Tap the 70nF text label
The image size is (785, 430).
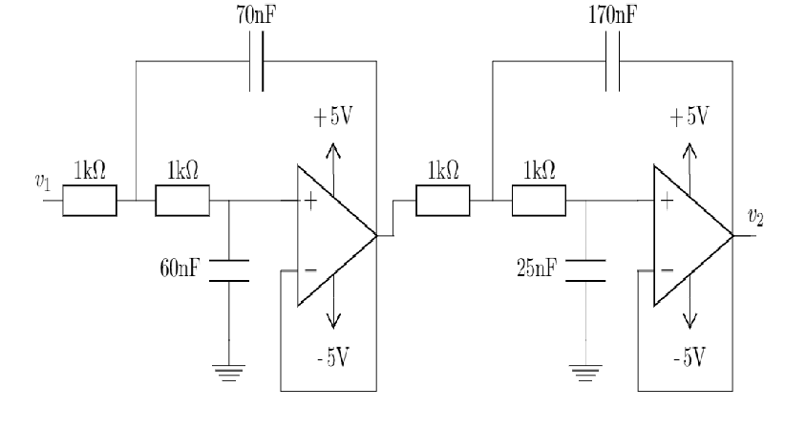point(259,16)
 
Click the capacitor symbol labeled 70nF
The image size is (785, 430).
point(259,63)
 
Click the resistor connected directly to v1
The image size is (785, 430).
point(90,202)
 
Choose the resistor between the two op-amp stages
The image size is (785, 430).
point(442,202)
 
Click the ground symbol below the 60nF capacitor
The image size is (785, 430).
point(229,375)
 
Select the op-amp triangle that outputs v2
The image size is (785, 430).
point(688,235)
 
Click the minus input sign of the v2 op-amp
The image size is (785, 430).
point(665,271)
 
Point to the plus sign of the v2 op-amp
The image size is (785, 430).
point(665,202)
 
